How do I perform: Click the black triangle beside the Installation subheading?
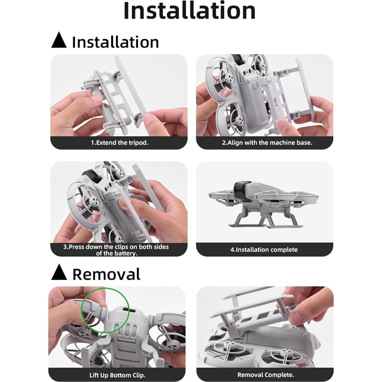59,41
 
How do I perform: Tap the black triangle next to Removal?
59,273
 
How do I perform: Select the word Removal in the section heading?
106,274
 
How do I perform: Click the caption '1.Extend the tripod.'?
119,143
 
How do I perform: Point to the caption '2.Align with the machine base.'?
267,143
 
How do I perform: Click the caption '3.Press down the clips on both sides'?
116,247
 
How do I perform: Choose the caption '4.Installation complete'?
264,250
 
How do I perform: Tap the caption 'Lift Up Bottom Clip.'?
117,375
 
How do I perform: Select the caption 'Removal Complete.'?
266,375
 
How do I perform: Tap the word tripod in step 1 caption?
138,143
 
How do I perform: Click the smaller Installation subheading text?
115,42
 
